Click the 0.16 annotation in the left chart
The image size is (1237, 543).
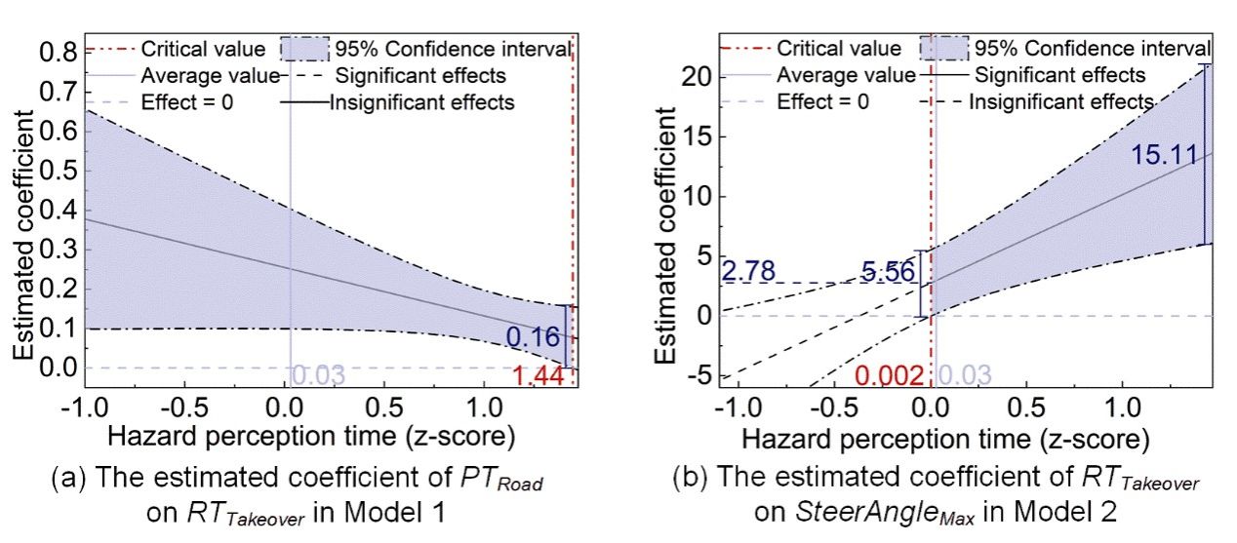[534, 338]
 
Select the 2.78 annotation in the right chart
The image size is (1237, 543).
[747, 271]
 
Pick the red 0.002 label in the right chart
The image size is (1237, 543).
[889, 375]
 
